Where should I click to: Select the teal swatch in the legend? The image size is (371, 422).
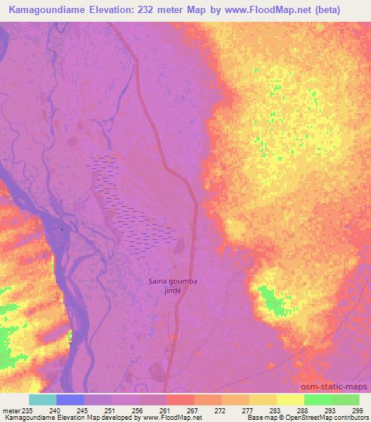point(42,400)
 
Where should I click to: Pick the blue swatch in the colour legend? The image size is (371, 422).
point(70,400)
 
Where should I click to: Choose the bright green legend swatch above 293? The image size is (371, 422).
point(317,400)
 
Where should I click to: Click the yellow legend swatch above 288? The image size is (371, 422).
point(290,400)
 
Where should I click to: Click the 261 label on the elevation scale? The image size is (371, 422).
point(165,410)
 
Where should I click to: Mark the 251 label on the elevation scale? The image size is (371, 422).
point(109,410)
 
